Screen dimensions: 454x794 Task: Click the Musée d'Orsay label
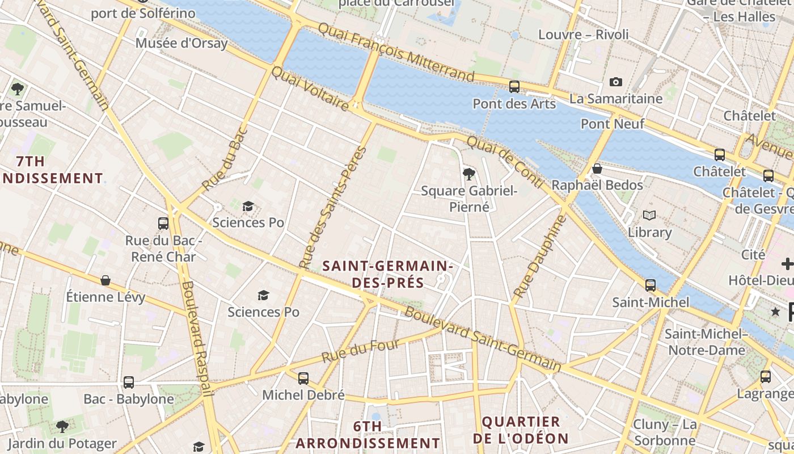point(181,43)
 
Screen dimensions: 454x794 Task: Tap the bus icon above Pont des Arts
point(514,87)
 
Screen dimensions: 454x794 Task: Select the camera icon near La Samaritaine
point(615,82)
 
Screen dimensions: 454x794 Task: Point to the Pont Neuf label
point(613,124)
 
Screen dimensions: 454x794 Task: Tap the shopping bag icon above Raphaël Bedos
point(597,169)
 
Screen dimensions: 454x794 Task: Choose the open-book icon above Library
point(649,216)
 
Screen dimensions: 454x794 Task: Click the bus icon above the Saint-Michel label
point(651,285)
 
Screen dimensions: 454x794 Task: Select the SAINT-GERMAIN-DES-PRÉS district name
point(387,274)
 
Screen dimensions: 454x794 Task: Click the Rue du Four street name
point(361,351)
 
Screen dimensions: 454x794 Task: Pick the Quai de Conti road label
point(505,162)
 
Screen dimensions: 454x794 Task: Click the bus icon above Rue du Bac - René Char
point(163,224)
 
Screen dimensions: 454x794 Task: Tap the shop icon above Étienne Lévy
point(105,280)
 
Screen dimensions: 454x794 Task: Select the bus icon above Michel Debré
point(303,378)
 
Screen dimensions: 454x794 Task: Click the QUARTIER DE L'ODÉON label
point(521,430)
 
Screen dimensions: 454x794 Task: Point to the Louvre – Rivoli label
point(583,35)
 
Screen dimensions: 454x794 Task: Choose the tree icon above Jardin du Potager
point(62,426)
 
